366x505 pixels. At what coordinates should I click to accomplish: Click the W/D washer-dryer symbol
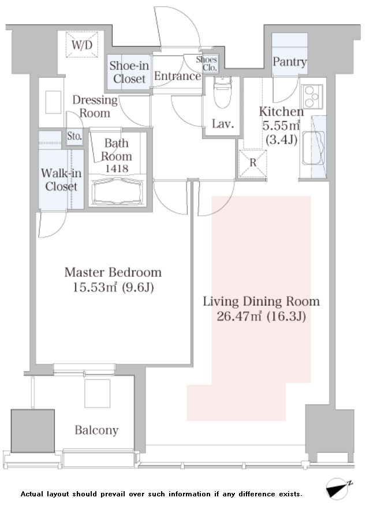[x=82, y=44]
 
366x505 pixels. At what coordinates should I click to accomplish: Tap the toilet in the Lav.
[x=222, y=92]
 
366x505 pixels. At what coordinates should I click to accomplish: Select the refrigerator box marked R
[x=253, y=164]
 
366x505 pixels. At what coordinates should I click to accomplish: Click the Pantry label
[x=290, y=62]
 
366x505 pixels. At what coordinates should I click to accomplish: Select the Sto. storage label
[x=74, y=136]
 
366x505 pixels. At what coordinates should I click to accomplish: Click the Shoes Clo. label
[x=206, y=63]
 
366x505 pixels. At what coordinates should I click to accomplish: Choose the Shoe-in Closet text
[x=129, y=72]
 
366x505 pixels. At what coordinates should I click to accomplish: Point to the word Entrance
[x=177, y=76]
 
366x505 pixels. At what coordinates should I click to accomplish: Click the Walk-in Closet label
[x=61, y=180]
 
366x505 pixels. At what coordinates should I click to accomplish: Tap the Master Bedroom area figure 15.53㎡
[x=95, y=287]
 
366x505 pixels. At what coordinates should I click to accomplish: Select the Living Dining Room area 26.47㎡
[x=239, y=316]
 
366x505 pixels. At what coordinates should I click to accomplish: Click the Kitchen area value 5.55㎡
[x=281, y=125]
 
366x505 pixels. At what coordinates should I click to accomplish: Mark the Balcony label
[x=97, y=430]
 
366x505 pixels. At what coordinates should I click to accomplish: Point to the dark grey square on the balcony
[x=32, y=431]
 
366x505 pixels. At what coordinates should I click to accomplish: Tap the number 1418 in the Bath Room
[x=117, y=168]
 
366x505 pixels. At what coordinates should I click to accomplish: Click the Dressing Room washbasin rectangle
[x=53, y=102]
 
